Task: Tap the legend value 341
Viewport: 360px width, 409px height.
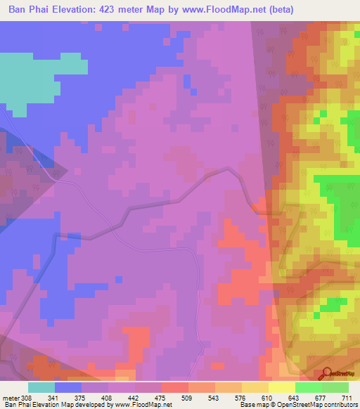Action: coord(55,398)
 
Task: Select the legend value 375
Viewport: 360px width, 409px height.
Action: coord(81,398)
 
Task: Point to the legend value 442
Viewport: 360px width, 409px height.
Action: coord(134,398)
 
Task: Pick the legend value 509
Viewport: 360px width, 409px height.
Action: coord(188,398)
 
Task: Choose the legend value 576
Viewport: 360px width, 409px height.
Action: coord(241,398)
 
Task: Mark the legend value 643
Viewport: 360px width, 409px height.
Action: coord(295,398)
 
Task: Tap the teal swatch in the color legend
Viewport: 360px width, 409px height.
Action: coord(41,387)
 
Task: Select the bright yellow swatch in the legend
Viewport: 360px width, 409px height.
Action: coord(281,387)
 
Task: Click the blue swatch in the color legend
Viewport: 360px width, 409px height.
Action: coord(67,387)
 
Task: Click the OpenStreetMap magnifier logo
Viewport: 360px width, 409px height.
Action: coord(328,375)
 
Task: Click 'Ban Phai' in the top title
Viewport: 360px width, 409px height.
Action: coord(27,9)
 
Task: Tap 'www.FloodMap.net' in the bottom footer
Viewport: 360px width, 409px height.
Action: coord(143,405)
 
